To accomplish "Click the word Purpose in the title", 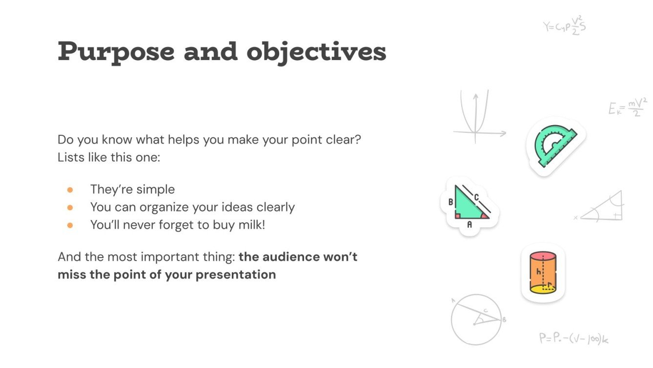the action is point(116,52).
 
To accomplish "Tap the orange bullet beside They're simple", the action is point(70,190).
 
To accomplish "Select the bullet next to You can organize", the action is point(70,208).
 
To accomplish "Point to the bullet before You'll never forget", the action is point(70,226).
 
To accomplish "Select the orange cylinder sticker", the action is point(543,273).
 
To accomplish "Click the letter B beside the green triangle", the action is point(450,202).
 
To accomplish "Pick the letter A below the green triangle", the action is point(469,224).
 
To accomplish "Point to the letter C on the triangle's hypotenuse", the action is point(477,197).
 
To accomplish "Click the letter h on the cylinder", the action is point(539,272).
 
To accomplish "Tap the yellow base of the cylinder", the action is point(543,289).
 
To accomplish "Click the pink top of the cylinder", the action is point(543,256).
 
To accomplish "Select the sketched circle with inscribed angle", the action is point(476,320).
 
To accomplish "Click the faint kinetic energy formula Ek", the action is point(628,108).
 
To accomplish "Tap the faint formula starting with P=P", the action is point(574,339).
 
